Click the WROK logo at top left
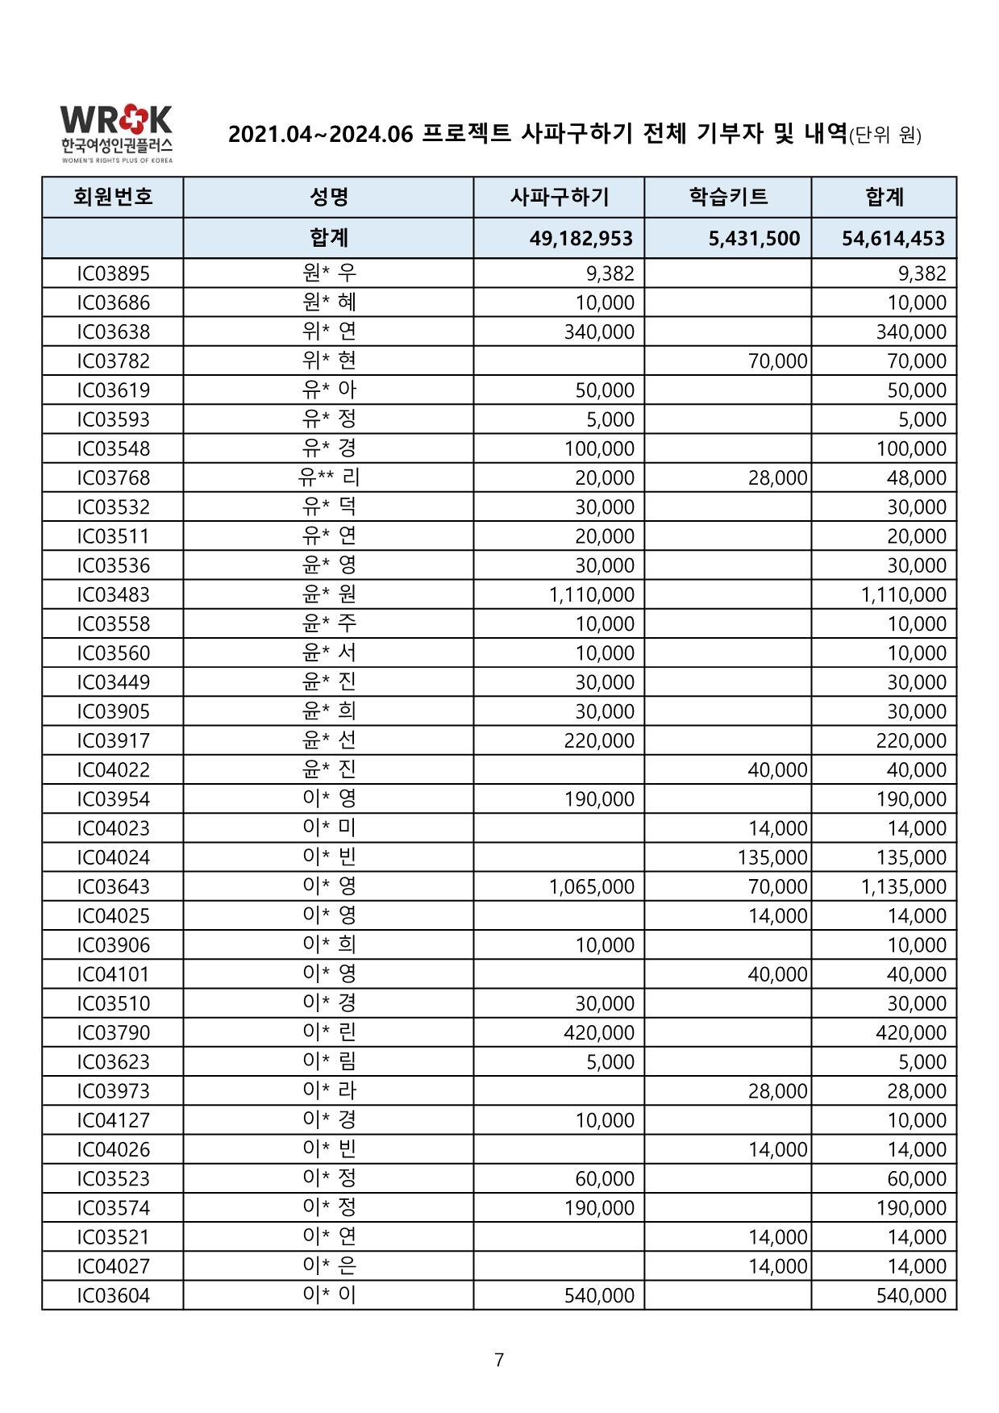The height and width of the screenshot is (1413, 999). tap(116, 132)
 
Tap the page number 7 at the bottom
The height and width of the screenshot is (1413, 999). tap(499, 1360)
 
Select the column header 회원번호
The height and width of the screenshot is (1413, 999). tap(113, 197)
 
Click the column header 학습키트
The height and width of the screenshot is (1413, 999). tap(727, 197)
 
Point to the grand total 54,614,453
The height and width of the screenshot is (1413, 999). tap(893, 239)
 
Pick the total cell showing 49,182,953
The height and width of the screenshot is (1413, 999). tap(581, 239)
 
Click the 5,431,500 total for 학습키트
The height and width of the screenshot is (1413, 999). tap(754, 239)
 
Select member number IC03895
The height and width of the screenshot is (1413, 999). tap(113, 273)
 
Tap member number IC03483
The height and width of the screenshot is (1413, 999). tap(113, 595)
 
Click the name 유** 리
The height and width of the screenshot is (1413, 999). tap(328, 477)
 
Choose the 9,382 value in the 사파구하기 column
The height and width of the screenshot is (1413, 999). tap(610, 273)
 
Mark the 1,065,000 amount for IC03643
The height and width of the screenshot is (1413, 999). tap(591, 887)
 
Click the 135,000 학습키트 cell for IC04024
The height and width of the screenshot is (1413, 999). tap(772, 858)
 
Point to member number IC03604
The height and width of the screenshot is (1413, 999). tap(113, 1296)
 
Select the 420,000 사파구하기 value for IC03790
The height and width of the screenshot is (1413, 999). tap(598, 1033)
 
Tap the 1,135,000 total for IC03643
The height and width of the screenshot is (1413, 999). tap(903, 887)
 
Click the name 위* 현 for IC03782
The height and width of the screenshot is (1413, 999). tap(328, 361)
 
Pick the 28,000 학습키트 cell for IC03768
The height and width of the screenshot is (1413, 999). tap(777, 478)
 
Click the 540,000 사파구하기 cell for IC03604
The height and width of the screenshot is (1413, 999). tap(598, 1296)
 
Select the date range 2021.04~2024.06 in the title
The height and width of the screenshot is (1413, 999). tap(320, 134)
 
